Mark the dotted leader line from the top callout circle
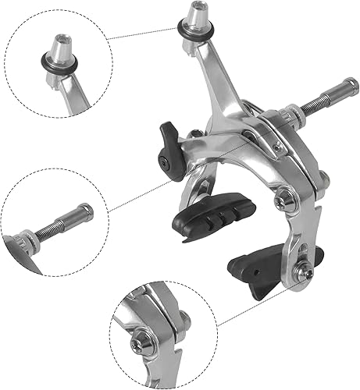point(144,34)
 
